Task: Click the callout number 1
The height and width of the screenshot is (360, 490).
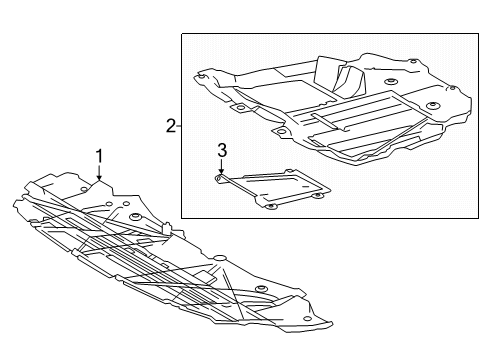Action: click(99, 155)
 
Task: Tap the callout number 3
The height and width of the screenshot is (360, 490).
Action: click(223, 151)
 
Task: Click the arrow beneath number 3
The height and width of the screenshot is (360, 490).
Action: click(223, 171)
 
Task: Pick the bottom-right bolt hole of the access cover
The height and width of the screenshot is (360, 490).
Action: click(318, 193)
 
